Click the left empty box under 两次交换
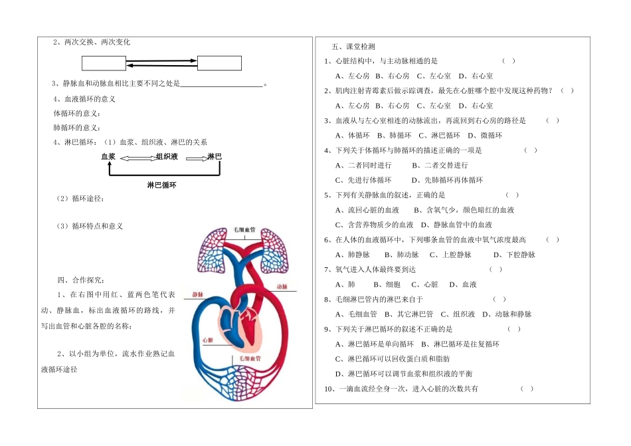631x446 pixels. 104,63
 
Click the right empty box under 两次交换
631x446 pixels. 219,63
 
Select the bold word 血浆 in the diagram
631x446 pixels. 108,156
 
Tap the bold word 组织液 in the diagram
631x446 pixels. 167,156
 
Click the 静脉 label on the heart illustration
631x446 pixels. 198,294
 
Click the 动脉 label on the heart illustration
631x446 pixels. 281,287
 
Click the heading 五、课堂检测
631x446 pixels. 353,47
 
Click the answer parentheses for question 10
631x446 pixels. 527,388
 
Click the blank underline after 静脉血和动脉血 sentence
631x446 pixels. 222,84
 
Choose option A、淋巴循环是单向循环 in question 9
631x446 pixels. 375,344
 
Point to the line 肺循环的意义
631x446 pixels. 77,128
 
